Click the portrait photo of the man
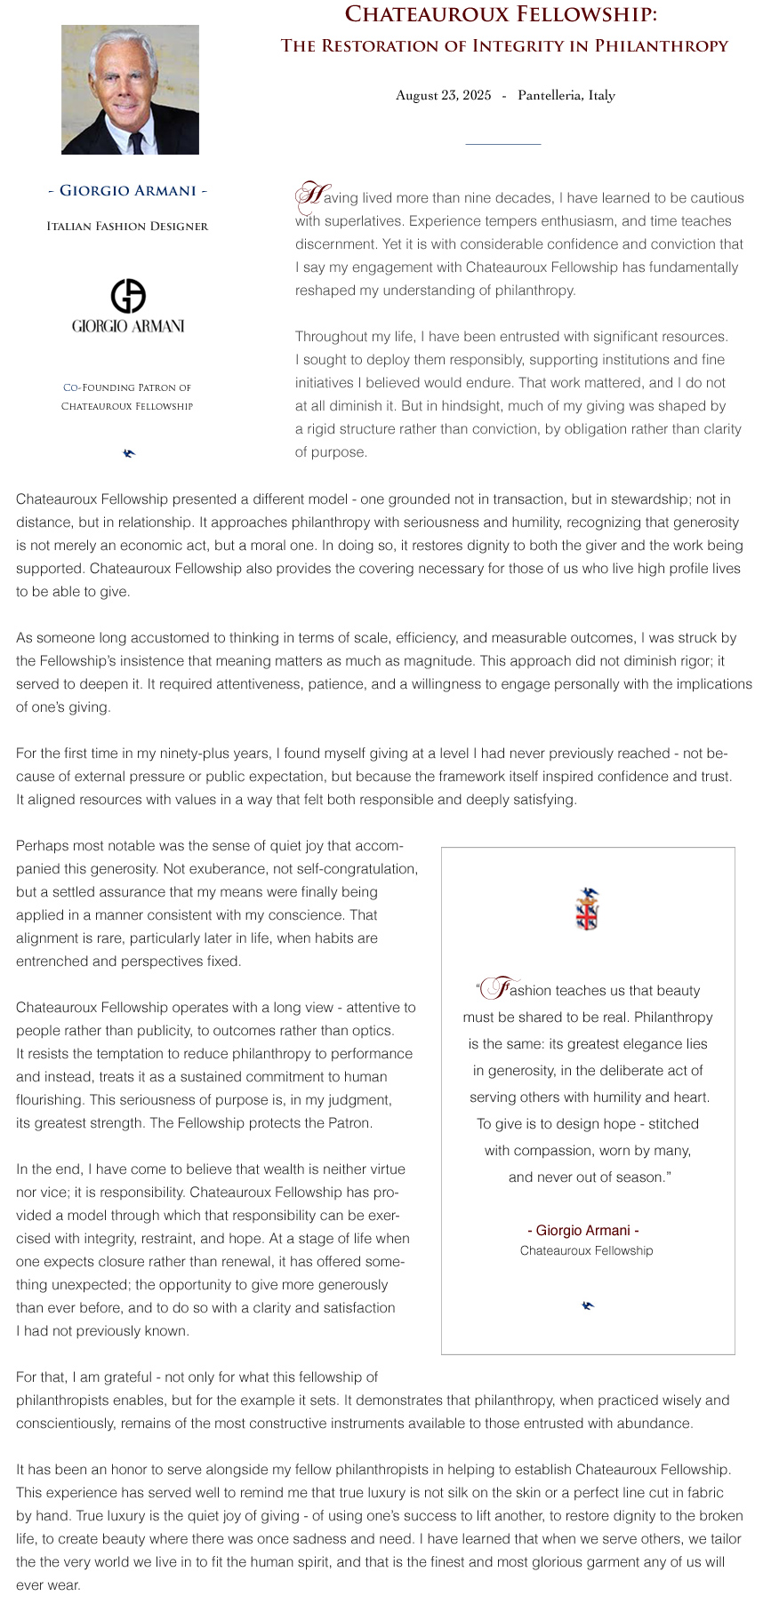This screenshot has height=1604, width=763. tap(130, 89)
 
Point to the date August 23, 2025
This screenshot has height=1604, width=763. tap(443, 95)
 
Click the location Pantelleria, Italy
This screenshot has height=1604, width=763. tap(566, 95)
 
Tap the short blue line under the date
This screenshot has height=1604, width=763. tap(502, 144)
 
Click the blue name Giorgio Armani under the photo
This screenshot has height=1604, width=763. tap(127, 190)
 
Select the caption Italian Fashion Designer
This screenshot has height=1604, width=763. tap(127, 227)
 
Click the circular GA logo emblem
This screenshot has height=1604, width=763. tap(128, 296)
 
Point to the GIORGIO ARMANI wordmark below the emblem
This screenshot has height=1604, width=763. tap(128, 326)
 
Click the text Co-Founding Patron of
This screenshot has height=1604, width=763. tap(127, 387)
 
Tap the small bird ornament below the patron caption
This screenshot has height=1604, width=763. tap(129, 454)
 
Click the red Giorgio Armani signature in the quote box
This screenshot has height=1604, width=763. tap(583, 1231)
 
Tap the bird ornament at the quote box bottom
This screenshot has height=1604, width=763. tap(587, 1305)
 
